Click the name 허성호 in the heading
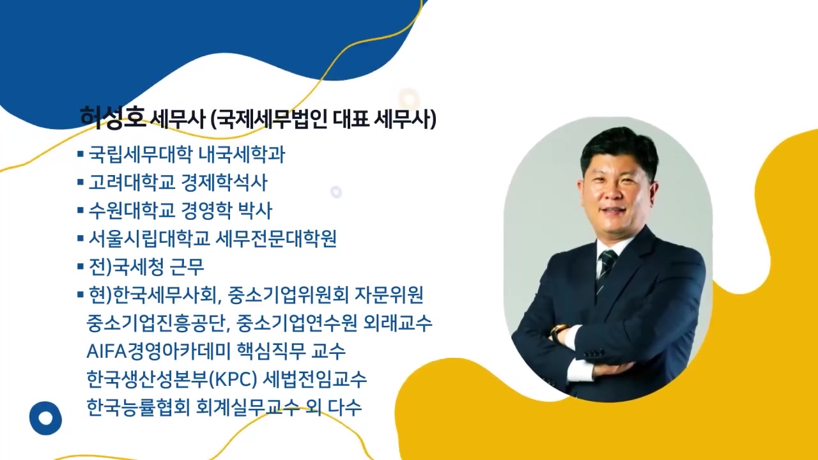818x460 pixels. point(112,118)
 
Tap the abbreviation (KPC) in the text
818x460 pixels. point(233,379)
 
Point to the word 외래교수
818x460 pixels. point(406,323)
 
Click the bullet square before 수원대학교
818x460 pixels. point(81,210)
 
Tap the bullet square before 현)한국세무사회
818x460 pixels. point(81,295)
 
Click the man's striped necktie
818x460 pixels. point(604,268)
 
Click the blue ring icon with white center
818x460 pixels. point(45,418)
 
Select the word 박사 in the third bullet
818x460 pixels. point(255,210)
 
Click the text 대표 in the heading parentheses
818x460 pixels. point(350,119)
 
